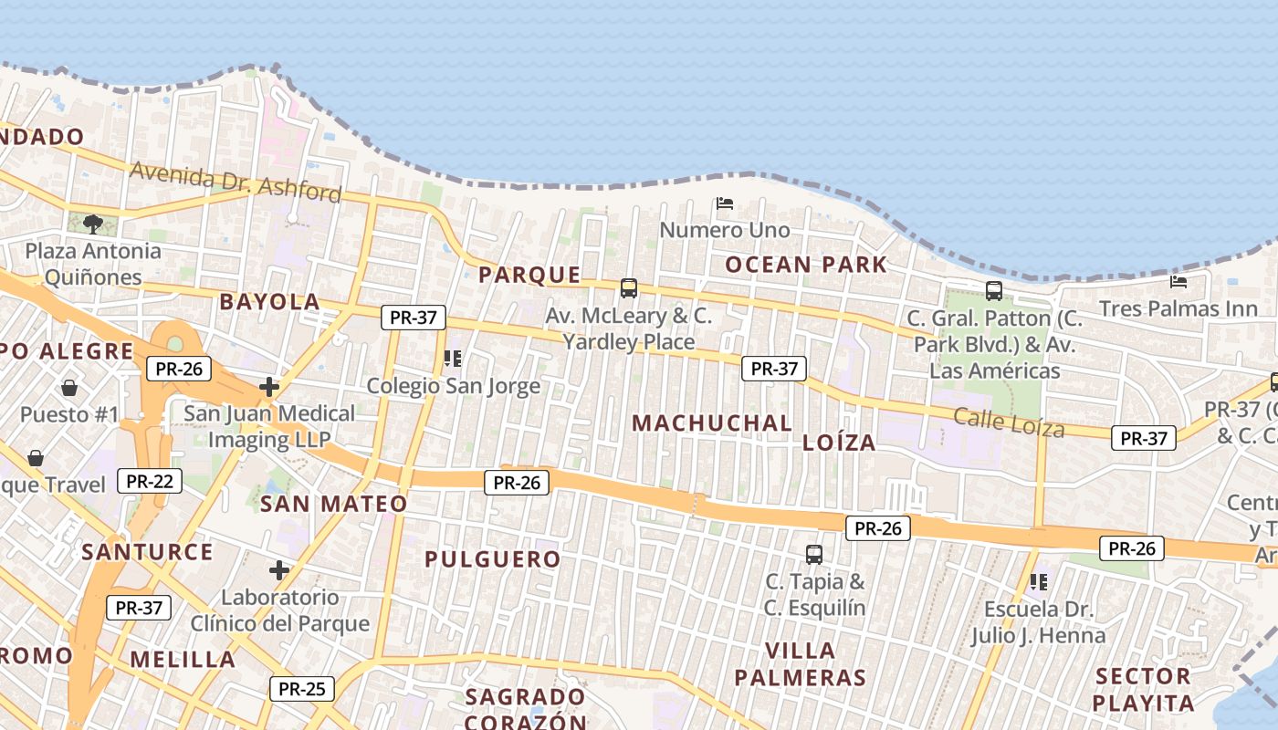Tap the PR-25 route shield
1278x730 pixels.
coord(301,689)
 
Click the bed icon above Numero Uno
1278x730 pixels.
coord(725,203)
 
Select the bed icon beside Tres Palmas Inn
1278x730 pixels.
coord(1178,281)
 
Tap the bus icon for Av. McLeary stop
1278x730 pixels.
coord(629,288)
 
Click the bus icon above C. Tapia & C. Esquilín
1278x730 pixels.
coord(814,554)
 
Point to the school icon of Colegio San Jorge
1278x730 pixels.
coord(452,359)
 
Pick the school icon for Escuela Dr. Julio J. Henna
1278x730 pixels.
coord(1038,581)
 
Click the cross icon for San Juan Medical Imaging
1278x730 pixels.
coord(268,387)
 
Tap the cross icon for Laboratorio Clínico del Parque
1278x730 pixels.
coord(279,570)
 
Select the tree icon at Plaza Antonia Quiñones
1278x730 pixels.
coord(92,224)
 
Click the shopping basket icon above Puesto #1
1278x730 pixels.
coord(69,388)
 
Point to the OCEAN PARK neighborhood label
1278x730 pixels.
coord(805,266)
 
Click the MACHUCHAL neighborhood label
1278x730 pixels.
coord(712,423)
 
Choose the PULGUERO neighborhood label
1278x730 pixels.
coord(492,559)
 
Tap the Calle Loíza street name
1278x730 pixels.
coord(1009,422)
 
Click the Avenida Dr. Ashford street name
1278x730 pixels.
coord(236,181)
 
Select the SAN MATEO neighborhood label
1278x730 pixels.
coord(333,504)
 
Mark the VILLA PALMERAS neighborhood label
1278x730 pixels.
coord(800,664)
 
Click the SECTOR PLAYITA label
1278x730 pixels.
coord(1143,690)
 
